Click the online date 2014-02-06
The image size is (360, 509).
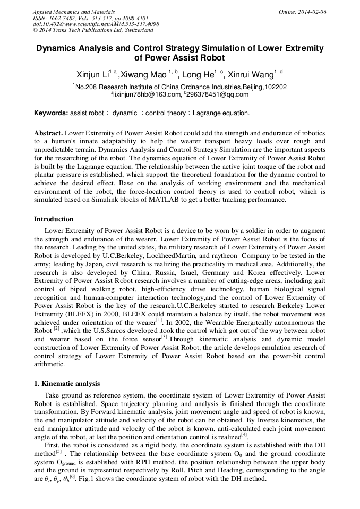[x=311, y=11]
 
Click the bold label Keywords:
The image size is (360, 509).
[x=51, y=113]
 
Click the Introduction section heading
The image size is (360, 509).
[x=54, y=219]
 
